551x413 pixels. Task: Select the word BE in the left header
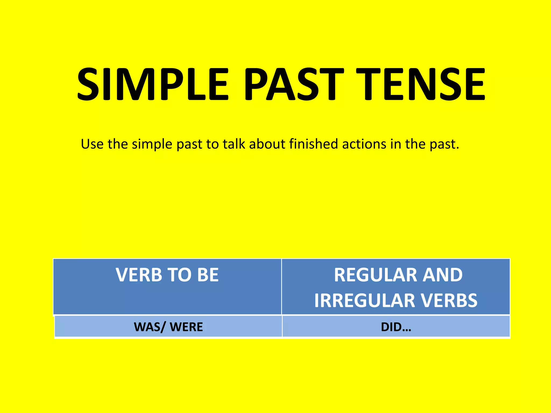coord(208,275)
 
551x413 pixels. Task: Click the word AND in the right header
coord(442,275)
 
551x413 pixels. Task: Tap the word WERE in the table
coord(186,327)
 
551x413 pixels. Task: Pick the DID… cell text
coord(396,327)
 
